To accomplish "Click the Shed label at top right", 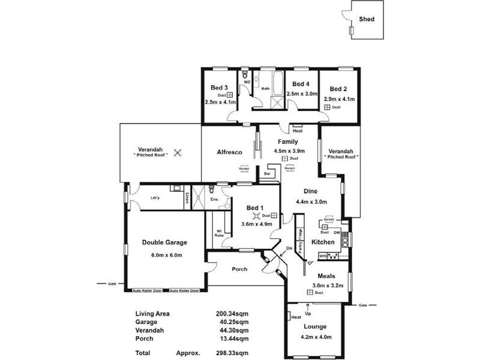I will click(367, 19).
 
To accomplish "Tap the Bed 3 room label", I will click(218, 88).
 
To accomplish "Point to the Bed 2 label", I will click(338, 89).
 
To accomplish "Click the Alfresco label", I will click(229, 153).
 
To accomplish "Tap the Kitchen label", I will click(323, 242).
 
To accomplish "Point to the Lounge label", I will click(314, 326).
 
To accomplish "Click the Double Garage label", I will click(164, 242).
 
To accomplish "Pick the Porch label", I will click(239, 269).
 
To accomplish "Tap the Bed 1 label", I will click(256, 208).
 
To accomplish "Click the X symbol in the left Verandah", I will click(177, 152).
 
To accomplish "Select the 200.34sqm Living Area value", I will click(232, 313).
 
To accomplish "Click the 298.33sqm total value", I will click(232, 353).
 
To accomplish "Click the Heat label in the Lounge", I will click(296, 317).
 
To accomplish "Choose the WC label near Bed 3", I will click(247, 82).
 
